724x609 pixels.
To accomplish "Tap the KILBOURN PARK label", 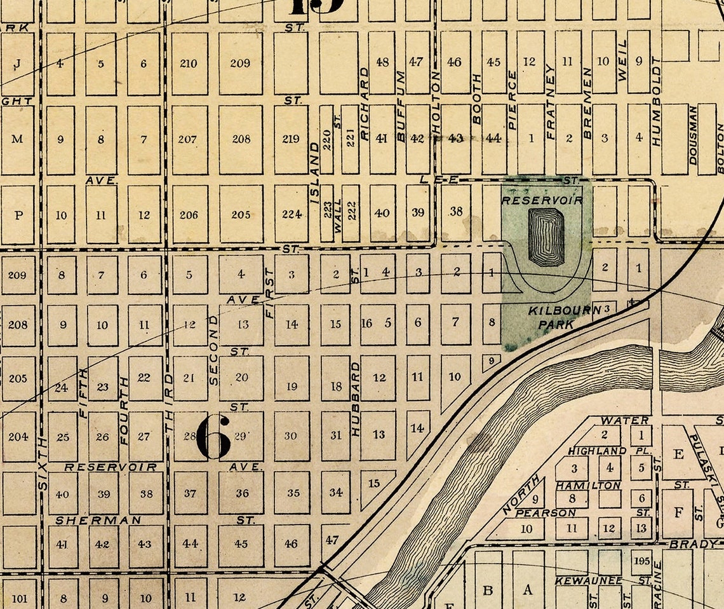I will point(556,317).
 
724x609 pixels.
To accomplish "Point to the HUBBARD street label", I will point(356,399).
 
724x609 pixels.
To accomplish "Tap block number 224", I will point(291,214).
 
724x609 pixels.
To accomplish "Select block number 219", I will point(291,139).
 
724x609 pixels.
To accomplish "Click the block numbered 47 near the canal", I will point(332,540).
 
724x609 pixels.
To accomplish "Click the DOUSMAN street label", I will point(693,135).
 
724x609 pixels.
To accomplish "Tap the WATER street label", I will point(625,420).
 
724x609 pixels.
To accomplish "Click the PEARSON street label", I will point(546,512).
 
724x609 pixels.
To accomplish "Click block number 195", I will point(641,561).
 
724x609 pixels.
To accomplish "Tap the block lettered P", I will point(18,215).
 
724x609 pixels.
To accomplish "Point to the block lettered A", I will point(528,589).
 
